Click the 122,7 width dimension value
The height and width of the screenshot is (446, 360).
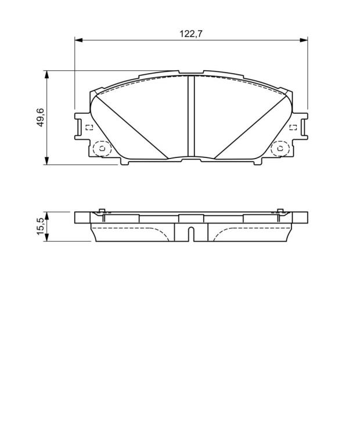pyautogui.click(x=191, y=34)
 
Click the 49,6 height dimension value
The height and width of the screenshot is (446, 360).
pyautogui.click(x=41, y=117)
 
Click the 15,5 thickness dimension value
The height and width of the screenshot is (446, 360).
pyautogui.click(x=41, y=226)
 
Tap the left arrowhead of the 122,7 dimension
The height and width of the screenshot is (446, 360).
pyautogui.click(x=78, y=40)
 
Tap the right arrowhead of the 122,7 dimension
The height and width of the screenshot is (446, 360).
pyautogui.click(x=304, y=40)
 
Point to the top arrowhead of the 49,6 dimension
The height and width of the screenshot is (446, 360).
pyautogui.click(x=46, y=74)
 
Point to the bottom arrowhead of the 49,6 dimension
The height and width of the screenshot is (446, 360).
pyautogui.click(x=46, y=160)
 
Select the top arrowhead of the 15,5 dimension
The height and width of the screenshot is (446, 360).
pyautogui.click(x=46, y=215)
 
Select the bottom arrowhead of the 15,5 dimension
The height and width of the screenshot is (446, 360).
pyautogui.click(x=46, y=238)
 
